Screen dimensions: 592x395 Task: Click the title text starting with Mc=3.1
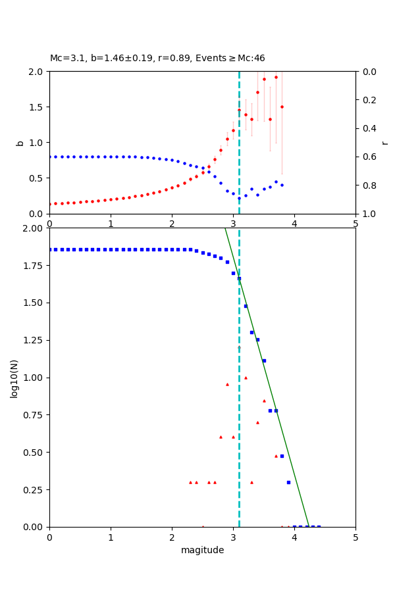point(157,59)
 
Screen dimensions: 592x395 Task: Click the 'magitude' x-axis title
point(202,550)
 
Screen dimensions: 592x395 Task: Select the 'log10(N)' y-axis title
point(14,378)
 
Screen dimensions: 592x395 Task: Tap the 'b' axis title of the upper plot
point(20,142)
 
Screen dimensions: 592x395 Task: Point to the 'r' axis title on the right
point(384,142)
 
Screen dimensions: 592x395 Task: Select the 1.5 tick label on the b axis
point(37,107)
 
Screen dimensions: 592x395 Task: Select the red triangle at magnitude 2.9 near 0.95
point(227,384)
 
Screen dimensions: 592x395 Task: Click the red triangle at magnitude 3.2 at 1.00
point(246,378)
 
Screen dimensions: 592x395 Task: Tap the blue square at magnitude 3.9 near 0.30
point(288,482)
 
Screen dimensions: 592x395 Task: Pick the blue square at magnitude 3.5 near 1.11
point(264,360)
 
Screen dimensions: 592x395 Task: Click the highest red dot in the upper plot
point(276,77)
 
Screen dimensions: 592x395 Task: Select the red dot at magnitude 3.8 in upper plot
point(282,107)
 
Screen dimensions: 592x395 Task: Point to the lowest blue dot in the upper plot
point(239,197)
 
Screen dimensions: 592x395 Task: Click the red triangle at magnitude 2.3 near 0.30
point(190,482)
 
